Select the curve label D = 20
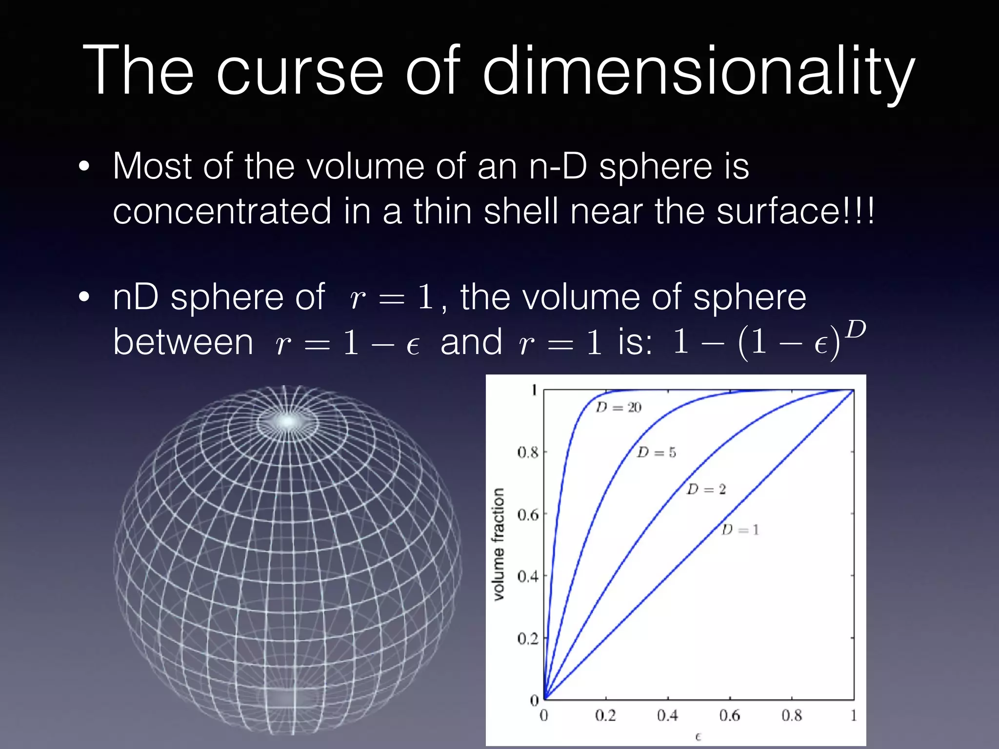pos(619,407)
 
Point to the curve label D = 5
pos(657,453)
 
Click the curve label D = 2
pos(706,489)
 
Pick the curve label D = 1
pos(740,530)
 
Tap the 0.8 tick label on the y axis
pos(527,453)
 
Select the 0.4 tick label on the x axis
pos(667,715)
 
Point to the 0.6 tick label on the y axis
pos(527,515)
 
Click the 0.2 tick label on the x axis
pos(605,715)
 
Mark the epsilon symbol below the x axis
pos(698,736)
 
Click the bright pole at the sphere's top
pos(288,420)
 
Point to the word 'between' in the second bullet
pos(183,342)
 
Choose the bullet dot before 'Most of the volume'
pos(84,167)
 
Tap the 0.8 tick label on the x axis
pos(791,715)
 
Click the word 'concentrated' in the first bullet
pos(222,211)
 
